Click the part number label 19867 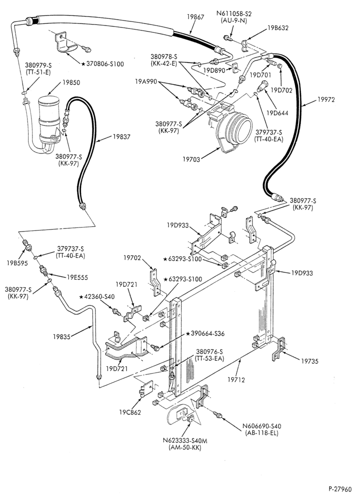coord(195,17)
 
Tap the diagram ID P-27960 coord(340,489)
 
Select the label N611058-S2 coord(233,14)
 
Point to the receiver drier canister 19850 coord(49,119)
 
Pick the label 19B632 coord(277,27)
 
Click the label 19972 coord(326,99)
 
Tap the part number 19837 coord(121,136)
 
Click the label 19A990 coord(145,81)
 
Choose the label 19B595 coord(17,263)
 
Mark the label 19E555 coord(77,277)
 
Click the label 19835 coord(61,336)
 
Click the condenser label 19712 coord(236,379)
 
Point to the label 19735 coord(309,361)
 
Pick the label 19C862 coord(130,412)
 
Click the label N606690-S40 coord(261,426)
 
